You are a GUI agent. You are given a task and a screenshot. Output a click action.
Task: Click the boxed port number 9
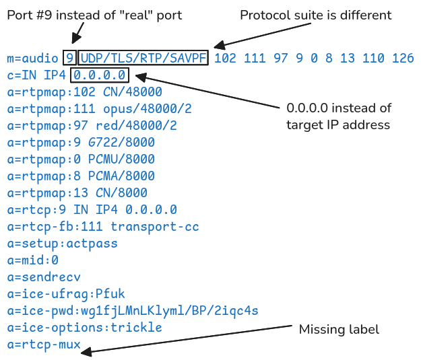pos(69,58)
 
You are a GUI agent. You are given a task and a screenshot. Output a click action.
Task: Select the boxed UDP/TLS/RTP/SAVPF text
pos(144,58)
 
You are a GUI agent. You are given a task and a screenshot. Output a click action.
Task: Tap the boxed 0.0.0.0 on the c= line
pos(99,75)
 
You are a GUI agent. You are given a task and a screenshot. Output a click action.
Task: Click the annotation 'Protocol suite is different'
pos(315,15)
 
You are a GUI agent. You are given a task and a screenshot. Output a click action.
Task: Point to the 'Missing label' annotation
pos(339,329)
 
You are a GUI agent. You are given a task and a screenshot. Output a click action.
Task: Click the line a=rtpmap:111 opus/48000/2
pos(99,108)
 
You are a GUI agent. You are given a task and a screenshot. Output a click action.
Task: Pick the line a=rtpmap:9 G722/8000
pos(81,142)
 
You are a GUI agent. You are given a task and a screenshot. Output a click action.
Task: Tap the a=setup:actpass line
pos(62,243)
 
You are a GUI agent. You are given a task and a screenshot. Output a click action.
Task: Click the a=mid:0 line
pos(33,260)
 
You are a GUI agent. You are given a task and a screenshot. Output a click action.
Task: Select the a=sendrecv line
pos(44,277)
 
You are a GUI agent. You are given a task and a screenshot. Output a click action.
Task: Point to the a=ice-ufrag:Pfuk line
pos(66,293)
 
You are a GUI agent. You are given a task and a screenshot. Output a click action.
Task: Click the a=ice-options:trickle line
pos(84,328)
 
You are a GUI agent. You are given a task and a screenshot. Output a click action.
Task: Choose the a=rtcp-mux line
pos(44,345)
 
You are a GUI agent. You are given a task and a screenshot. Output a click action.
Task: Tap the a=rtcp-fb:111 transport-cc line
pos(103,227)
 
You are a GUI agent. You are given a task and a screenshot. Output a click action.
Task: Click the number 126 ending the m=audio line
pos(403,58)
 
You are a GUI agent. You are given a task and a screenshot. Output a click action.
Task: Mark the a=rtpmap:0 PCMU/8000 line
pos(81,159)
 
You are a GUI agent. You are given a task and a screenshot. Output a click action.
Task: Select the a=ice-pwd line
pos(133,310)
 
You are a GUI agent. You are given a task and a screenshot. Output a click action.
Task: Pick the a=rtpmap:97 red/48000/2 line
pos(92,125)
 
